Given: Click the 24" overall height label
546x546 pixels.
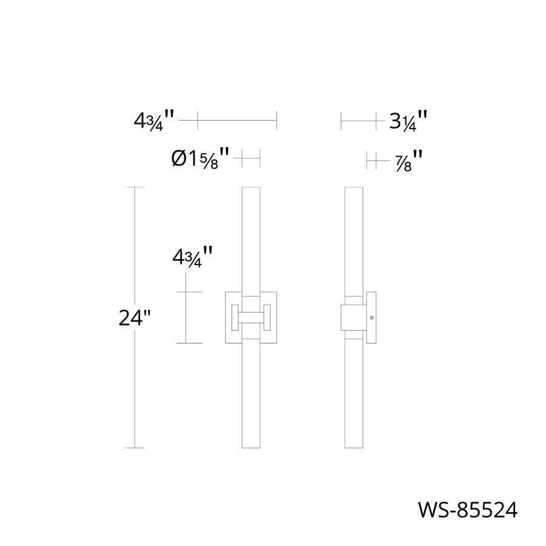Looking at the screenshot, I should tap(134, 318).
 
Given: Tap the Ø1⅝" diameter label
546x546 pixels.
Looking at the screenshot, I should tap(200, 160).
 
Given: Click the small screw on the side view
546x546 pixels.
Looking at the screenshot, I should tap(371, 317).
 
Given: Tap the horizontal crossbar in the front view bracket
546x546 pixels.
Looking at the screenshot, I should tap(251, 316).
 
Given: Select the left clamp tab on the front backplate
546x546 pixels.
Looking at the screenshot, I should tap(234, 316).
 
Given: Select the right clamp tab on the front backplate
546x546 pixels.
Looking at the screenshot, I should tap(267, 316).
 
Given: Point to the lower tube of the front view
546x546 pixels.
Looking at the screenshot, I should tap(251, 394).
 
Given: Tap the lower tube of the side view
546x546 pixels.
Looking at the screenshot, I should tap(353, 394).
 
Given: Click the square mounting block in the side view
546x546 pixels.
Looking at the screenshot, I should tap(352, 317).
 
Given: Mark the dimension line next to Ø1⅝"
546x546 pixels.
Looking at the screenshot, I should tap(251, 158).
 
